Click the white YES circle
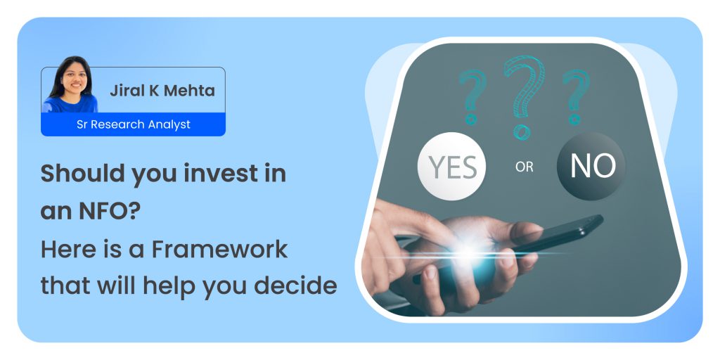click(451, 166)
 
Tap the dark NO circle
click(591, 166)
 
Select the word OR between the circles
click(524, 167)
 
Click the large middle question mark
click(523, 96)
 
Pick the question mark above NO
click(577, 96)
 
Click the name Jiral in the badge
click(124, 91)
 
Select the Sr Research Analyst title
click(133, 124)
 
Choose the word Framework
click(219, 249)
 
